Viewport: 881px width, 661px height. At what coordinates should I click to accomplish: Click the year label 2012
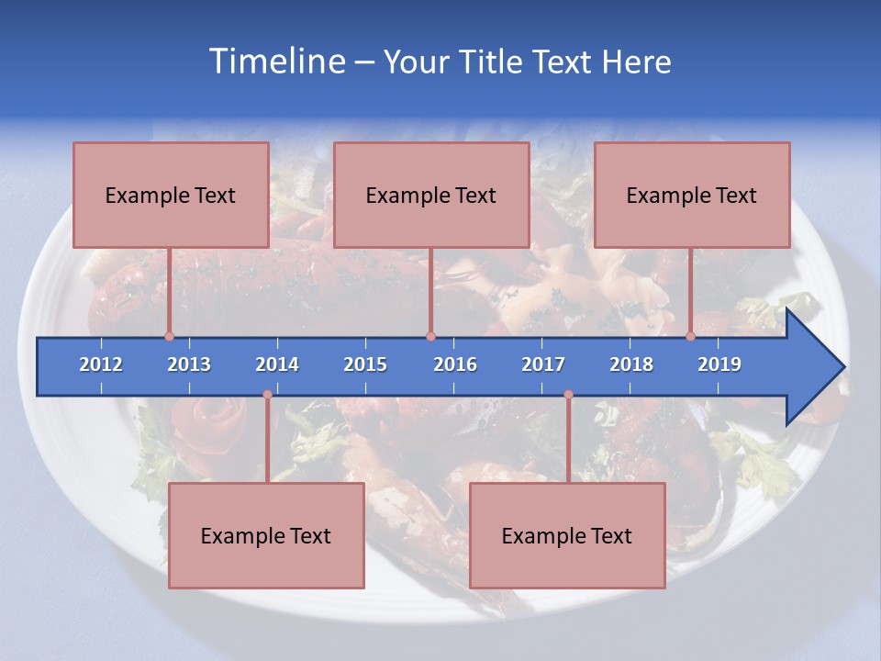click(101, 364)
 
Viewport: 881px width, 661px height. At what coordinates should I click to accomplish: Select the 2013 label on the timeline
click(189, 364)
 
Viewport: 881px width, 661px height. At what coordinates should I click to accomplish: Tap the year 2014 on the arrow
click(277, 364)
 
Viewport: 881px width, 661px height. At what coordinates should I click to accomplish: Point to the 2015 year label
click(365, 364)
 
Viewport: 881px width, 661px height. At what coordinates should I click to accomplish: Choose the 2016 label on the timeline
click(455, 364)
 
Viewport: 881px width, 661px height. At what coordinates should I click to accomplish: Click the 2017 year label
click(543, 364)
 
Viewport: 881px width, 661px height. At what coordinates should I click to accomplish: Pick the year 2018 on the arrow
click(631, 364)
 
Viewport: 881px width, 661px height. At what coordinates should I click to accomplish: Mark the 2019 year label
click(719, 364)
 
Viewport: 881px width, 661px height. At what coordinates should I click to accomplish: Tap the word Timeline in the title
click(276, 62)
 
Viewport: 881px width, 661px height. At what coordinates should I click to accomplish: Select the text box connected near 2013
click(171, 195)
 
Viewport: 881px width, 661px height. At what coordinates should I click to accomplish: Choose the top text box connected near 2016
click(431, 195)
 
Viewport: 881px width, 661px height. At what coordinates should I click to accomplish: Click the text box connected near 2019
click(692, 195)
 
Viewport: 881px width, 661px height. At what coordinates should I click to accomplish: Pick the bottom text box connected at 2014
click(266, 535)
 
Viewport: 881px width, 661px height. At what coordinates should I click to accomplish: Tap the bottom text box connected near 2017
click(567, 535)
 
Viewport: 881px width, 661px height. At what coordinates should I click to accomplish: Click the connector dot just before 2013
click(169, 337)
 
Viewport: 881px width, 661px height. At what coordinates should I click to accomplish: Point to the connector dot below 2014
click(267, 395)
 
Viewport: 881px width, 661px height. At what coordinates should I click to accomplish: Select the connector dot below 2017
click(568, 395)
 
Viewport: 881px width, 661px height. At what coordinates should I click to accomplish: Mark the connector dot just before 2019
click(691, 337)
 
